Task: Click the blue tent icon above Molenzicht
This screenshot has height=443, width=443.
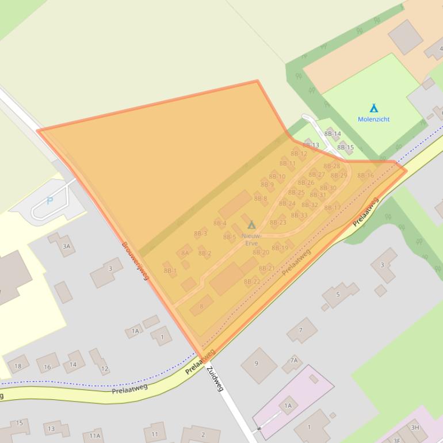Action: click(x=373, y=108)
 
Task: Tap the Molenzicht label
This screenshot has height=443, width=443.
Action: click(x=373, y=119)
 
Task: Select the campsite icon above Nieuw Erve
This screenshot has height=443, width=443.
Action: click(x=251, y=225)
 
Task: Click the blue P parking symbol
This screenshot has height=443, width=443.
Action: click(x=49, y=201)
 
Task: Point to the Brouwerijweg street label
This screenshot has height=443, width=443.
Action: click(x=135, y=260)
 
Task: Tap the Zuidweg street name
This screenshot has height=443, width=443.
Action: click(x=215, y=378)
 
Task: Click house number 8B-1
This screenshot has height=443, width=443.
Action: click(x=170, y=270)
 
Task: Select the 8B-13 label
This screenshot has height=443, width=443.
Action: click(x=311, y=145)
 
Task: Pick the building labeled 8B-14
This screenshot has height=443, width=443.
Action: click(x=333, y=134)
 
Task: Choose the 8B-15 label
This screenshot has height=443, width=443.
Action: click(x=345, y=147)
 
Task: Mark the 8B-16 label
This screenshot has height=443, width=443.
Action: click(x=365, y=175)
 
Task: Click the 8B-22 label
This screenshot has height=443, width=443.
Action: click(x=252, y=281)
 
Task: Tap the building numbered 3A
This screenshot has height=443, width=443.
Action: click(x=66, y=246)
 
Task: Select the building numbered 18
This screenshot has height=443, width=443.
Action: click(x=18, y=366)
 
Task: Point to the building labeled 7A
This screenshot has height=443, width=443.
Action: click(x=293, y=361)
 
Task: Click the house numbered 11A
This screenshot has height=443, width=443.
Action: click(x=94, y=436)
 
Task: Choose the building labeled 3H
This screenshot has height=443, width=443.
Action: click(x=415, y=427)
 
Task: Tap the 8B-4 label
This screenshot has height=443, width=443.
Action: click(x=220, y=223)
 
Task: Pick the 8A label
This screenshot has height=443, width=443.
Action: click(x=185, y=253)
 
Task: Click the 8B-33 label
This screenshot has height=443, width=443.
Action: click(x=299, y=215)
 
